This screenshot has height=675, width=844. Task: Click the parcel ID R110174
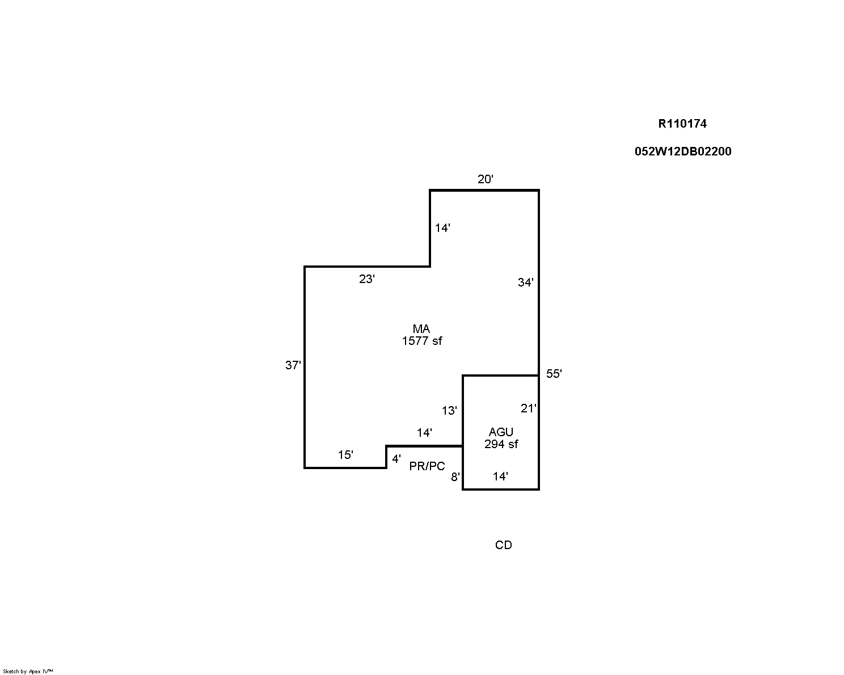pyautogui.click(x=682, y=124)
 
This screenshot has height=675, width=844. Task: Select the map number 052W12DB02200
pyautogui.click(x=683, y=151)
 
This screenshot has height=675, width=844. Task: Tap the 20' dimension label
pyautogui.click(x=485, y=179)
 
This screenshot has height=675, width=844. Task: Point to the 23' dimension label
pyautogui.click(x=367, y=279)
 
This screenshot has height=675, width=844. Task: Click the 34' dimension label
pyautogui.click(x=526, y=282)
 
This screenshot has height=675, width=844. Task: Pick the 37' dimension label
pyautogui.click(x=293, y=365)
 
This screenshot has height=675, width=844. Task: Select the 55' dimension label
pyautogui.click(x=554, y=374)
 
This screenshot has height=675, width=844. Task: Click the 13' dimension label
pyautogui.click(x=449, y=411)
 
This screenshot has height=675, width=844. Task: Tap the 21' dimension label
pyautogui.click(x=528, y=408)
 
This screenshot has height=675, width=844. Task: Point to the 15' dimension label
pyautogui.click(x=345, y=454)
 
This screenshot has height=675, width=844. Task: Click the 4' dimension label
pyautogui.click(x=396, y=458)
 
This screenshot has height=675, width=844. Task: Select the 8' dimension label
pyautogui.click(x=455, y=477)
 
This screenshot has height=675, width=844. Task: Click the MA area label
pyautogui.click(x=421, y=328)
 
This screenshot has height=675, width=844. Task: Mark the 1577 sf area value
pyautogui.click(x=421, y=341)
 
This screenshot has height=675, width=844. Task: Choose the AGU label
pyautogui.click(x=501, y=432)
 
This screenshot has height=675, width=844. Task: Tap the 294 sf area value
pyautogui.click(x=501, y=444)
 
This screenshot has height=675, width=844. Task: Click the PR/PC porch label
pyautogui.click(x=427, y=466)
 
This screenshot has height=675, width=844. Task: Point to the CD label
pyautogui.click(x=504, y=545)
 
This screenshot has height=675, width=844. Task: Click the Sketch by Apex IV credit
pyautogui.click(x=28, y=672)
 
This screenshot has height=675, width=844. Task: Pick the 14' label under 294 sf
pyautogui.click(x=500, y=476)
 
